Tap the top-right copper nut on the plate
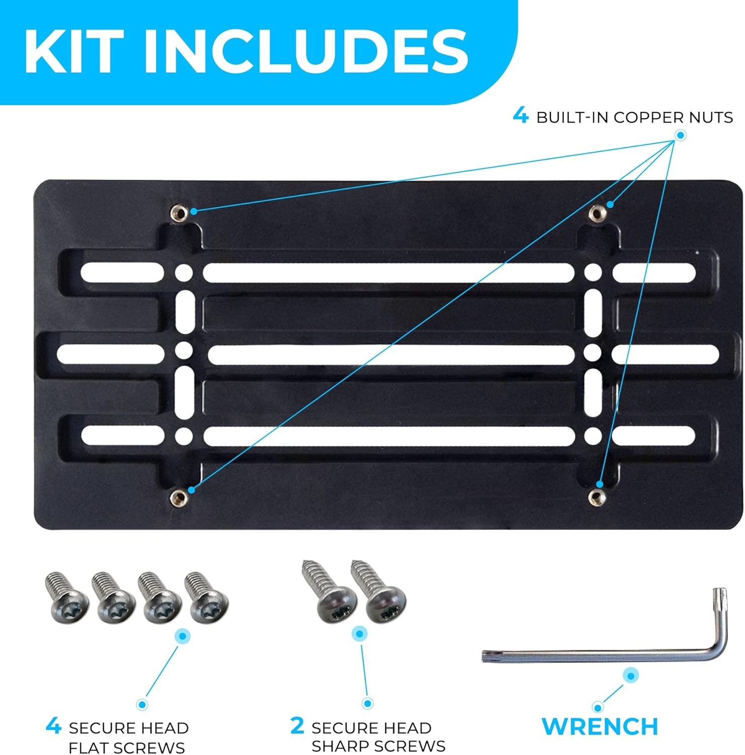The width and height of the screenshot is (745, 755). point(597,212)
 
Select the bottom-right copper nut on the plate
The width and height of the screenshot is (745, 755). point(597,497)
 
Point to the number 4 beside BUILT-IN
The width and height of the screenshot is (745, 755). point(521,116)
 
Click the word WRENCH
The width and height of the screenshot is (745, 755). point(600,726)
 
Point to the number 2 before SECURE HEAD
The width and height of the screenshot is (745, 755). point(297,726)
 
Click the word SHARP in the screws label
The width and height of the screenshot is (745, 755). point(337,746)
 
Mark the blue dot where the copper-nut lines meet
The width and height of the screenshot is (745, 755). point(680,135)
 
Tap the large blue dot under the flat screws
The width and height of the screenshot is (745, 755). point(182,636)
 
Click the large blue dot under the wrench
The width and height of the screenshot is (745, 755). point(630,675)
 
